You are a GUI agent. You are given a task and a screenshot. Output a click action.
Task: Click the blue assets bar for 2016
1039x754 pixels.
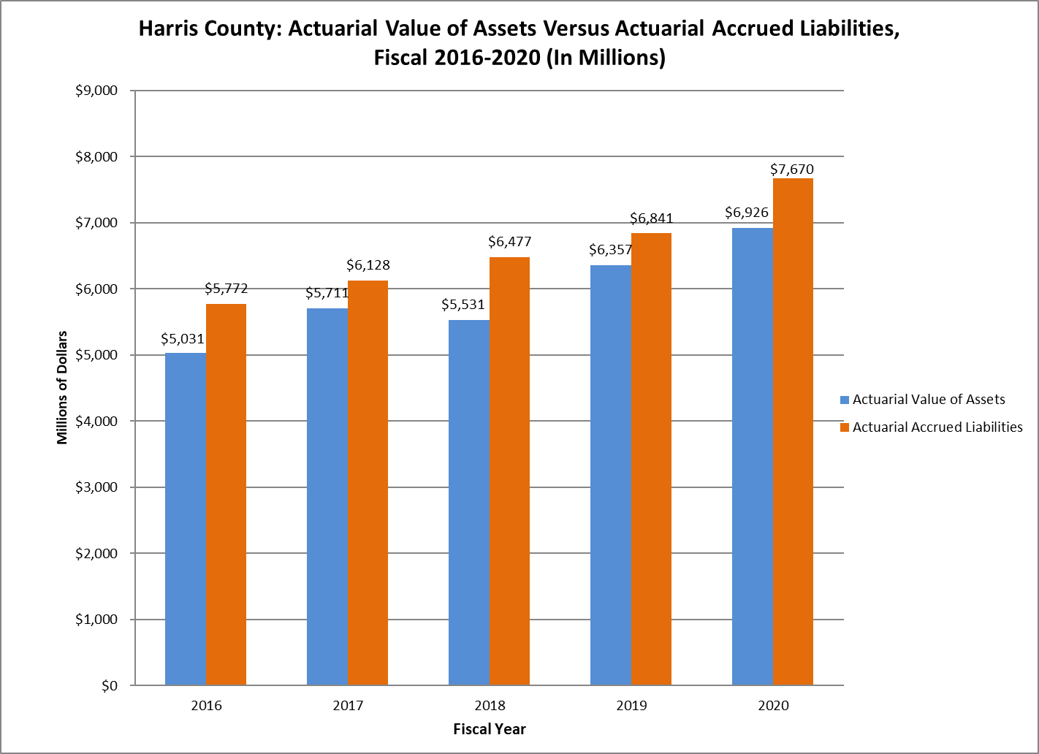click(186, 519)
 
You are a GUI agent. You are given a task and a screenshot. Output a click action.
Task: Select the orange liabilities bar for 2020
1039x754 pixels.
click(793, 431)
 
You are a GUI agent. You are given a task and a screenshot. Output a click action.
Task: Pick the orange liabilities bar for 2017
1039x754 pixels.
click(368, 482)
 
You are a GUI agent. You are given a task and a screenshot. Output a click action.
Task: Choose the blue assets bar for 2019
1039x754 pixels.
click(610, 475)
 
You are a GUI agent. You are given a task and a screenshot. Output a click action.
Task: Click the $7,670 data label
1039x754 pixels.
click(792, 170)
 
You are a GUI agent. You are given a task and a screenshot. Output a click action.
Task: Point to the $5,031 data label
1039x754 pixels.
click(183, 339)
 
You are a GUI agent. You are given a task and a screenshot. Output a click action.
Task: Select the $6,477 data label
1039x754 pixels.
click(509, 242)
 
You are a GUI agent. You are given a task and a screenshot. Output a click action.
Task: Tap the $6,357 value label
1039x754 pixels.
click(610, 250)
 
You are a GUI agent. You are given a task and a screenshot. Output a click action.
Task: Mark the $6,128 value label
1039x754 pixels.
click(368, 265)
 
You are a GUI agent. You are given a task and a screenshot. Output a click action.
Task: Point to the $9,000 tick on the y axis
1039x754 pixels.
click(96, 91)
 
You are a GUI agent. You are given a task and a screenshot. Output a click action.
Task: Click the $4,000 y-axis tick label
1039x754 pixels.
click(96, 421)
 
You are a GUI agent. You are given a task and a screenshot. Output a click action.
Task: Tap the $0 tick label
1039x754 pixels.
click(109, 686)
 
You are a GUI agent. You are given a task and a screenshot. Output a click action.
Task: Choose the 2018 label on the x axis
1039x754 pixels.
click(490, 706)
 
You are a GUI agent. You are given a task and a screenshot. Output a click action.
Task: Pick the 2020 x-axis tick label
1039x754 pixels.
click(773, 706)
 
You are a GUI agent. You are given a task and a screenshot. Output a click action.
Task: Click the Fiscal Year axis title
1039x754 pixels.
click(490, 729)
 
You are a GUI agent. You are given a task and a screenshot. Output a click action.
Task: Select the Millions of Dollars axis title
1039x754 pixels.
click(62, 387)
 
